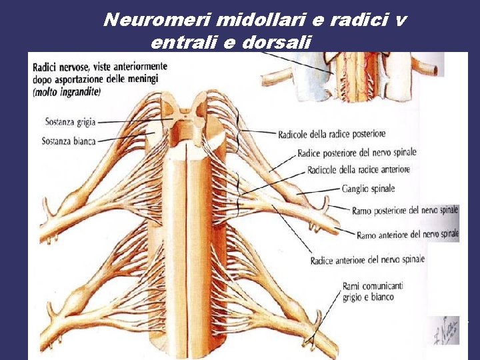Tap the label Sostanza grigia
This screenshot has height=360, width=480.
point(70,123)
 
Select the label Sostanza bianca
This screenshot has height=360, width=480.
point(69,141)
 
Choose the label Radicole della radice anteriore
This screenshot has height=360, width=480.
point(359,170)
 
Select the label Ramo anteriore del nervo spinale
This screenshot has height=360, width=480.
point(407,235)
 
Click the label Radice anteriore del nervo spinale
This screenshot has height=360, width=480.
point(367,260)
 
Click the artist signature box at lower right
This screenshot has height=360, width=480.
point(444,330)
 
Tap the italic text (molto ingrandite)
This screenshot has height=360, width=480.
point(66,93)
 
